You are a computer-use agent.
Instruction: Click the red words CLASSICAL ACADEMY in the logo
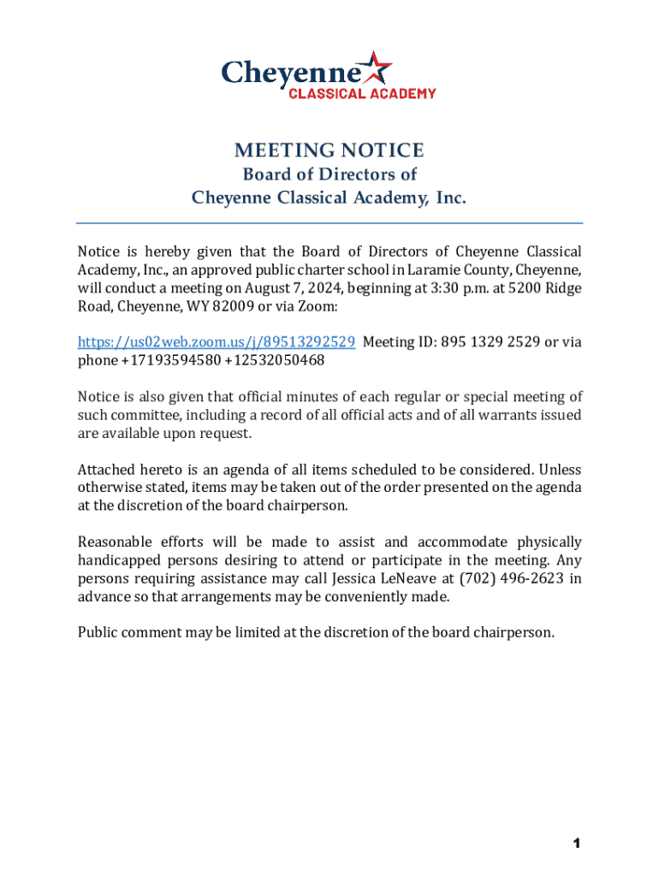point(361,93)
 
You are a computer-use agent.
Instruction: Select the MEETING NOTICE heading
point(329,151)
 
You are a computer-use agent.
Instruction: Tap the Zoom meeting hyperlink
point(217,342)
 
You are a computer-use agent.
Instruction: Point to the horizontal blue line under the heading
point(329,223)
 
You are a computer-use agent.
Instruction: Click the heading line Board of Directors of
point(329,175)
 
